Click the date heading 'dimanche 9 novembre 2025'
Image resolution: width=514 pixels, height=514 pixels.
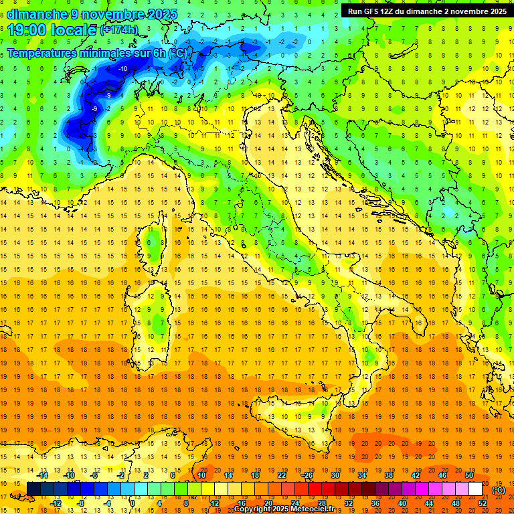click(92, 14)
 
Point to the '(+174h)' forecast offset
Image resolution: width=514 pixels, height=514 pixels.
click(119, 30)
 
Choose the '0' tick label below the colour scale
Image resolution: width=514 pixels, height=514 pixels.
click(133, 503)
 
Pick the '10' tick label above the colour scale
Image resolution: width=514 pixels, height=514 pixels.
click(201, 475)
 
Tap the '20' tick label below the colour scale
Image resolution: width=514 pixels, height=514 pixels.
click(268, 503)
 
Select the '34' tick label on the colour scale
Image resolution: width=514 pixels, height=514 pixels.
click(362, 475)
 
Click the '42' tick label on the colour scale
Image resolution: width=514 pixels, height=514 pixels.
click(416, 475)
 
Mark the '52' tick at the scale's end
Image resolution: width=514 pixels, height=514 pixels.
click(483, 503)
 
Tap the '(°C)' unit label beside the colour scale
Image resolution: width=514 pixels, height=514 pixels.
click(498, 489)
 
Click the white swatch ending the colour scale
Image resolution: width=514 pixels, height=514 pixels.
click(475, 489)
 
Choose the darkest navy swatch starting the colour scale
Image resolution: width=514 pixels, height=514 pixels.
click(33, 489)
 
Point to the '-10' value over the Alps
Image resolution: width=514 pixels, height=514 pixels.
click(123, 69)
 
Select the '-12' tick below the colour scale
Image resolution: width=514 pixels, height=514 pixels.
click(56, 503)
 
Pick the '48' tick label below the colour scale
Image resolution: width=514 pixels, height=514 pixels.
click(455, 503)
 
